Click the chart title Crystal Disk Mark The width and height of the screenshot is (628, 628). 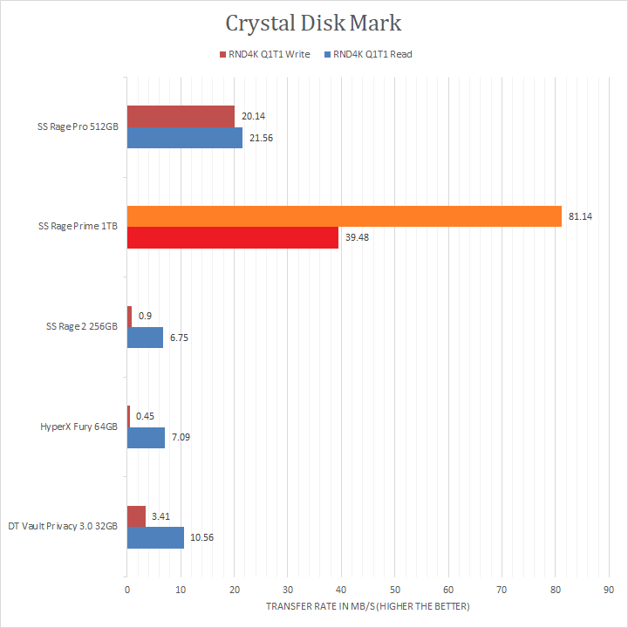click(x=313, y=22)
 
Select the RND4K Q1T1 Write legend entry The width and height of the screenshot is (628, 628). click(x=270, y=54)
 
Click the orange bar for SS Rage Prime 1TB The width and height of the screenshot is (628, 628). click(x=344, y=215)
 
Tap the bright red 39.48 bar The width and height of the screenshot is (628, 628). click(x=232, y=237)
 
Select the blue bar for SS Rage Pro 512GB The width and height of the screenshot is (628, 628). click(x=185, y=138)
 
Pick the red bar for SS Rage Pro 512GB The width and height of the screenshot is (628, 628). click(x=181, y=116)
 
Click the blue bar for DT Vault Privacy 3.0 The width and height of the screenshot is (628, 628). click(x=155, y=537)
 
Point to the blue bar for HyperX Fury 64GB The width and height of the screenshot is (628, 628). click(x=146, y=438)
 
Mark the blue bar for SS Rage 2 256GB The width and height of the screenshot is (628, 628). click(x=145, y=338)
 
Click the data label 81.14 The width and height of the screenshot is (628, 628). click(x=580, y=216)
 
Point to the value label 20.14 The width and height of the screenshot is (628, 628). click(x=254, y=117)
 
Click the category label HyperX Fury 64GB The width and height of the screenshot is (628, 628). click(x=78, y=427)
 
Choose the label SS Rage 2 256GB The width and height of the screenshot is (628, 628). click(x=81, y=327)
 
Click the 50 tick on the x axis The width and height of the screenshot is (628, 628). click(x=394, y=590)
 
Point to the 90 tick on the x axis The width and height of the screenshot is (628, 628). click(x=609, y=590)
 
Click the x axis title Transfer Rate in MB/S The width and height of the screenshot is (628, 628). click(x=368, y=606)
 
